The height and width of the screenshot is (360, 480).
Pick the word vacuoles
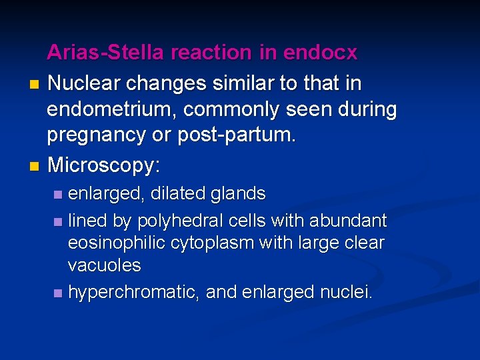coord(104,265)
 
